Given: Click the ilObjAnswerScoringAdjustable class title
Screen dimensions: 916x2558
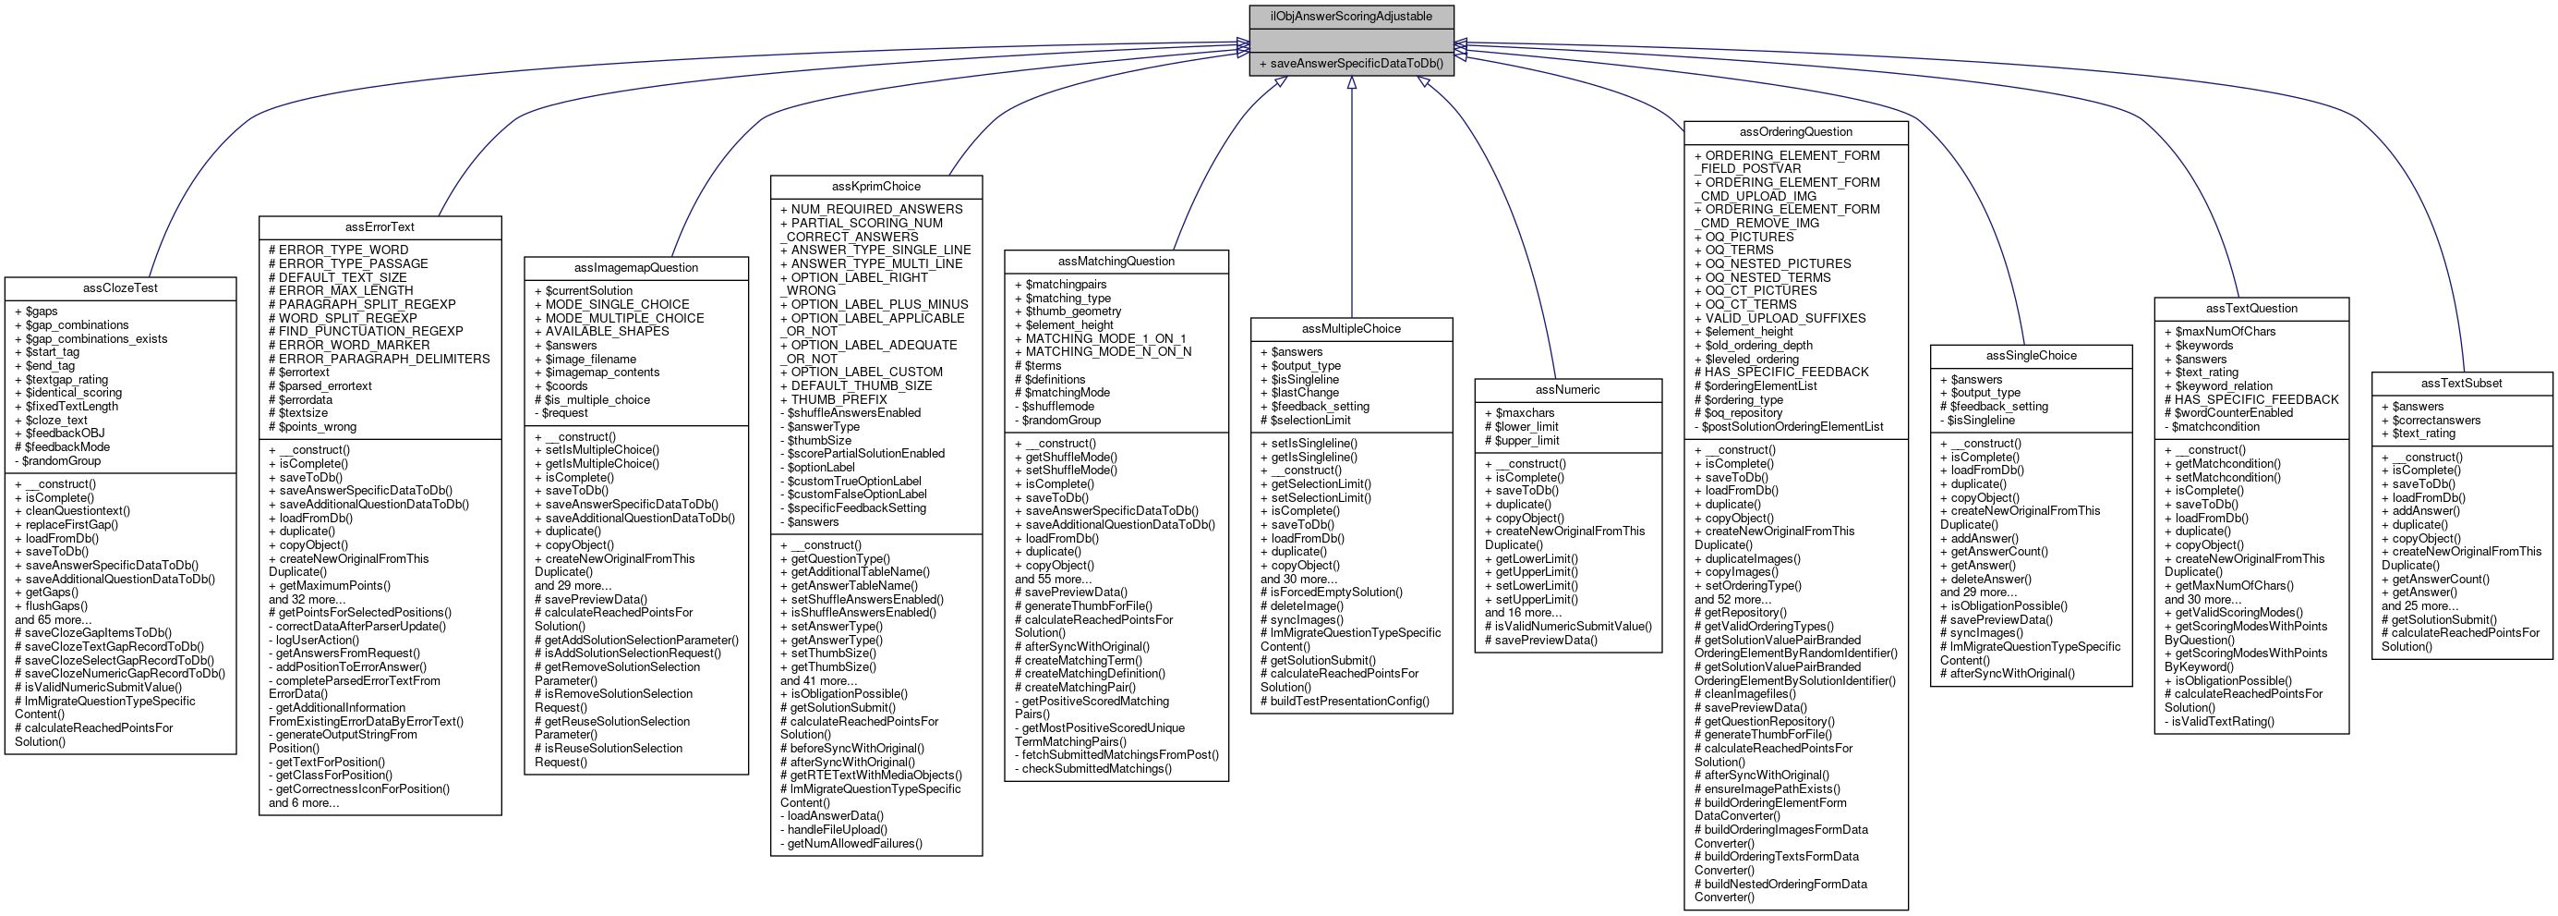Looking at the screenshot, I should click(x=1350, y=16).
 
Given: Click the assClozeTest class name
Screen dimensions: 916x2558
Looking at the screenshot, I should click(x=120, y=288).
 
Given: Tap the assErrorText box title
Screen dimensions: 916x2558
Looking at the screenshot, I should click(x=380, y=226).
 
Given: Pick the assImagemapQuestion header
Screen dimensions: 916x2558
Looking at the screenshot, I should click(x=635, y=267).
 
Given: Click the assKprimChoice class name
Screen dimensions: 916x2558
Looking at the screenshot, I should click(x=875, y=186).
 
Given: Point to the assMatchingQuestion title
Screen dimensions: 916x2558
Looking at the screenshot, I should click(x=1116, y=262).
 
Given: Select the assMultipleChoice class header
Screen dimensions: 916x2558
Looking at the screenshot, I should click(x=1350, y=329).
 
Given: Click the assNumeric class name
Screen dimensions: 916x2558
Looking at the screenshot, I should click(x=1567, y=389).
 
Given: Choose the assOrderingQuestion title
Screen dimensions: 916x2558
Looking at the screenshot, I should click(x=1795, y=131).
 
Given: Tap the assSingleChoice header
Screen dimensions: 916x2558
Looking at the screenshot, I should click(x=2031, y=356).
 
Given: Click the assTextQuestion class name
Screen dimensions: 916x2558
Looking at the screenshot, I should click(x=2251, y=308).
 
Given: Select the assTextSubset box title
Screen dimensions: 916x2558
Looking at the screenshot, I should click(x=2461, y=383).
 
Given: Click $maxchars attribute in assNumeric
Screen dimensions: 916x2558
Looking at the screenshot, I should click(x=1525, y=413).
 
